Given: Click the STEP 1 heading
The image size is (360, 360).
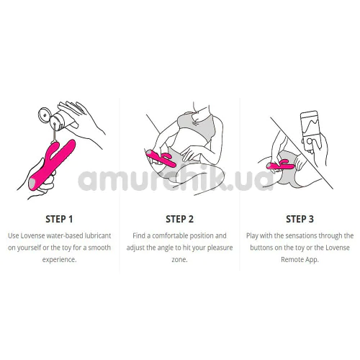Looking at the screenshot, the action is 59,219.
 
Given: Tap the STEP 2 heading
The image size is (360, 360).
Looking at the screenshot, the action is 179,219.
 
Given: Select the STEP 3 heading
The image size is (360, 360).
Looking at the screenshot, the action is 300,219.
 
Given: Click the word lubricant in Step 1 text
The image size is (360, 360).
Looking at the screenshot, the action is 97,235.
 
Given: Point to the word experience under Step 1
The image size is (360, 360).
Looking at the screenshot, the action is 59,260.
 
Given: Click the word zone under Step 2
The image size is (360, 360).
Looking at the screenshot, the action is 179,260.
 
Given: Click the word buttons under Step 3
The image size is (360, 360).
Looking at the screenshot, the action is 261,248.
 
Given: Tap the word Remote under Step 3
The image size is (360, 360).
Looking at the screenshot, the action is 292,260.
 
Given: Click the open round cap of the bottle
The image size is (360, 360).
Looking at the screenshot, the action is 45,115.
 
